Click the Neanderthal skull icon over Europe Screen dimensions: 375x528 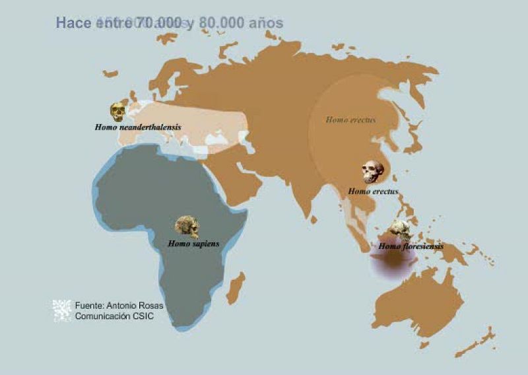pyautogui.click(x=118, y=112)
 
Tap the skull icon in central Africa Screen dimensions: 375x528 pyautogui.click(x=187, y=226)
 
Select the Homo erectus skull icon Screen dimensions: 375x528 pyautogui.click(x=373, y=172)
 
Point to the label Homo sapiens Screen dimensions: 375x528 pyautogui.click(x=193, y=244)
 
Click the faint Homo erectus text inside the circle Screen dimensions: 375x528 pyautogui.click(x=350, y=120)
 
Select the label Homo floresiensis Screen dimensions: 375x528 pyautogui.click(x=411, y=246)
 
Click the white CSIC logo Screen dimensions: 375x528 pyautogui.click(x=62, y=310)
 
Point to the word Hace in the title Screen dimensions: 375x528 pyautogui.click(x=74, y=23)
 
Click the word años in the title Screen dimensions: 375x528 pyautogui.click(x=267, y=23)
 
